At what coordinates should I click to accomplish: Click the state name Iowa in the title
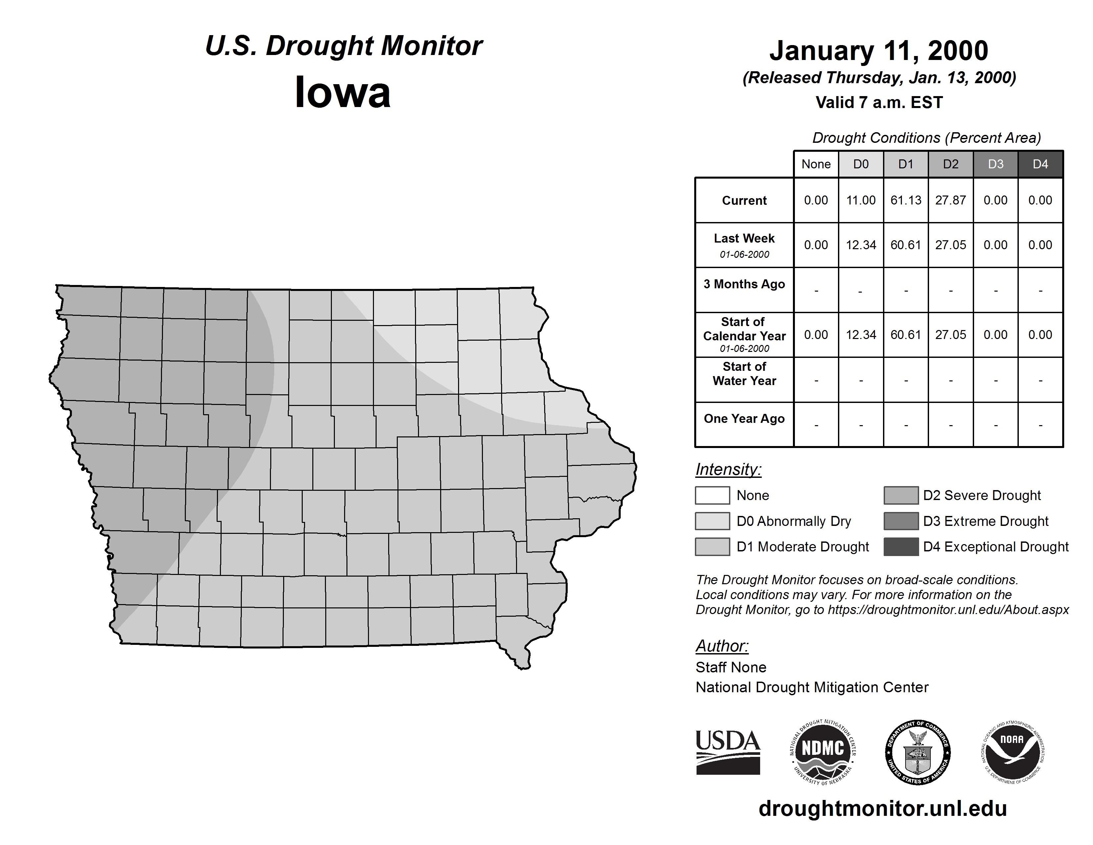coord(343,92)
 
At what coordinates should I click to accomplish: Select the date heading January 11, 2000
coord(879,51)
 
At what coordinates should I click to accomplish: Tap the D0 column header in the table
coord(861,164)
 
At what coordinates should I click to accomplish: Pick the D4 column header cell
coord(1040,164)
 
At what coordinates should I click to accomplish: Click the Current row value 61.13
coord(906,200)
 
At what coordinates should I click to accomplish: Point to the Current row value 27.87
coord(950,200)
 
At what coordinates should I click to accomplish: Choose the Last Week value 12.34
coord(861,245)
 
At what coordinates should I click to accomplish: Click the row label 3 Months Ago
coord(744,284)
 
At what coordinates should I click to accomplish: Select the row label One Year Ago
coord(744,419)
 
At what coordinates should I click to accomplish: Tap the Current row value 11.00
coord(861,200)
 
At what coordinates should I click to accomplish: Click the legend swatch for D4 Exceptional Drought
coord(901,547)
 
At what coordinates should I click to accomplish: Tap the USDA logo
coord(728,752)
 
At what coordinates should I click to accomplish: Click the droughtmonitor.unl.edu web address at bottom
coord(883,809)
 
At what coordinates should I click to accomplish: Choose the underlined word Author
coord(722,646)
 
